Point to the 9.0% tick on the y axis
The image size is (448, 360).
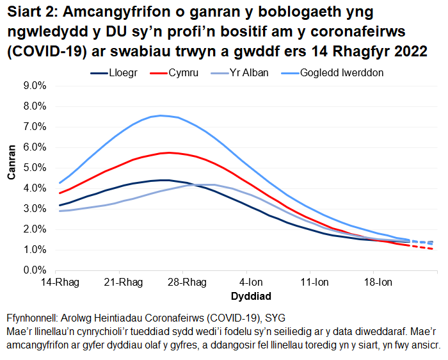[x=36, y=86]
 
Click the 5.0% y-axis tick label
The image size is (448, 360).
[x=36, y=168]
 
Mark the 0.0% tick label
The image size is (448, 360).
[x=36, y=270]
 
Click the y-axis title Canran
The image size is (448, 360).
[x=11, y=178]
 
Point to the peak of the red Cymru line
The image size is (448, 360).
[x=168, y=152]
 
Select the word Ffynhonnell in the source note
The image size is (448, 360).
[x=34, y=318]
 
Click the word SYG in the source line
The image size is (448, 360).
[x=275, y=318]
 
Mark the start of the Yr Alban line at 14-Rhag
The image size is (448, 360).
[x=60, y=211]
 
